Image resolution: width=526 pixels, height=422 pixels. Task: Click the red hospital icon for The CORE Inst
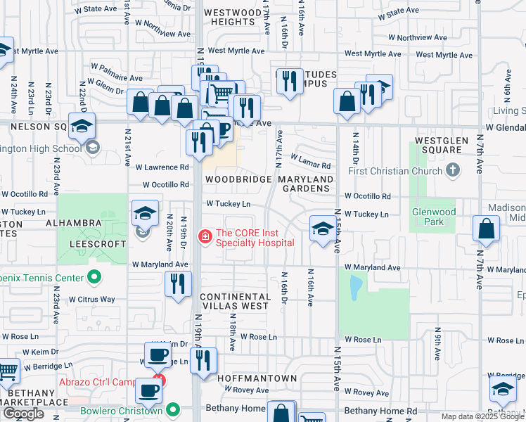[205, 236]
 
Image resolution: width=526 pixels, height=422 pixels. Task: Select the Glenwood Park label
[434, 216]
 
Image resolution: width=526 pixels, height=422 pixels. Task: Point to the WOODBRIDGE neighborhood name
[238, 179]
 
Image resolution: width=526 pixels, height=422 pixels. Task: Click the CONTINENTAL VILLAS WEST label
[233, 301]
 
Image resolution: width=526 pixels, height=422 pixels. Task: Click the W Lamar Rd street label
[309, 165]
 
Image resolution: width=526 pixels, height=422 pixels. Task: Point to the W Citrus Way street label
[91, 300]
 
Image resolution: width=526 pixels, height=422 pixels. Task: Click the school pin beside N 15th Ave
[323, 229]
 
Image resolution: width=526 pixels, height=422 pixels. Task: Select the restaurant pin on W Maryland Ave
[178, 284]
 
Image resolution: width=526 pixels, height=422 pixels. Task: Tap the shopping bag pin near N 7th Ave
[487, 229]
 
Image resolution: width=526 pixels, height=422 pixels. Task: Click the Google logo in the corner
[23, 414]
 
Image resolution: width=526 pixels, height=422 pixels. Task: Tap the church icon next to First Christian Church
[454, 170]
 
